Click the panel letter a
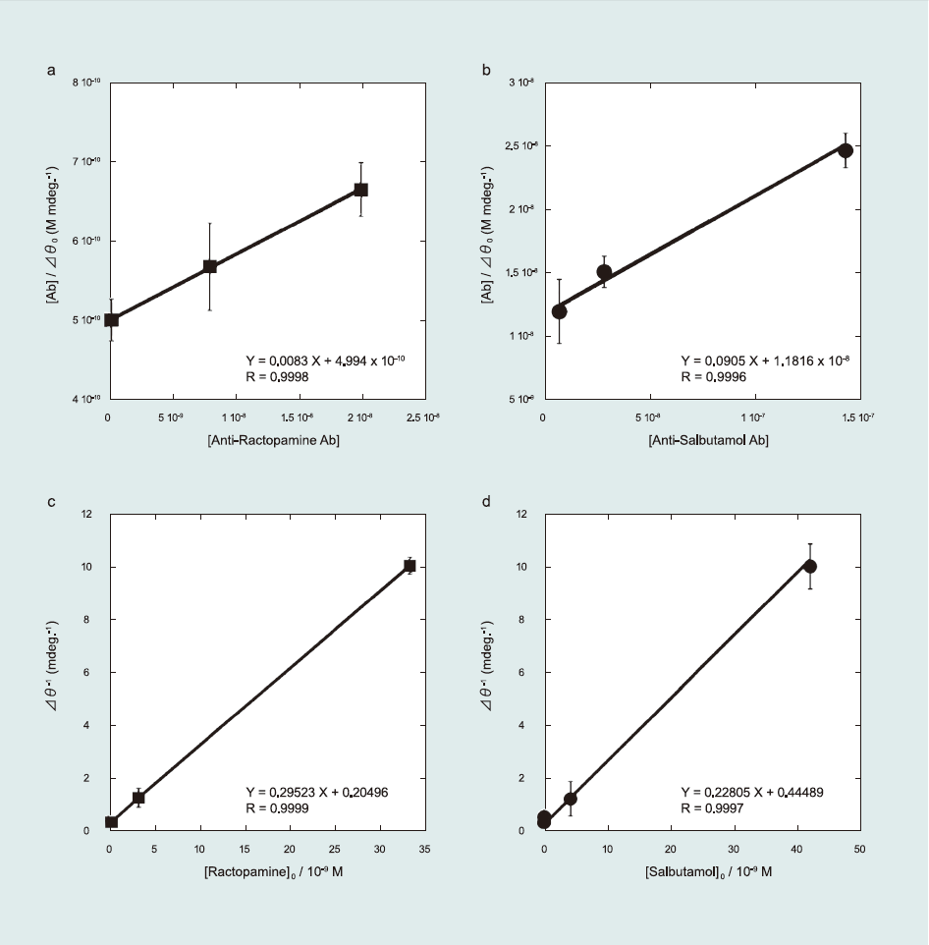click(51, 72)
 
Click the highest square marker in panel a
click(361, 190)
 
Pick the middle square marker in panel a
click(210, 266)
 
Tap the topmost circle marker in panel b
click(846, 150)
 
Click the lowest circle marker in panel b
click(560, 311)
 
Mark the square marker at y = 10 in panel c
click(410, 566)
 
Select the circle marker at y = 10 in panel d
click(810, 566)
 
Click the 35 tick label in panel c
click(424, 848)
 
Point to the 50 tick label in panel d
click(858, 848)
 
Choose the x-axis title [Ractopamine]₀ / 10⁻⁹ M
click(267, 869)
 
